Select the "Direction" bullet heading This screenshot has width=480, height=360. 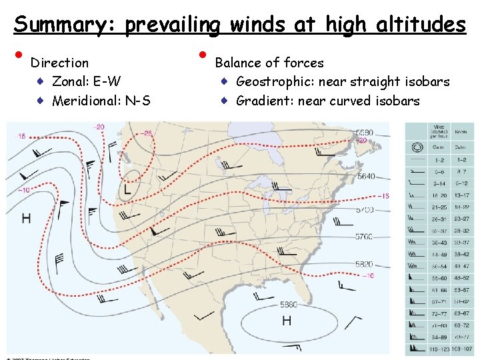[60, 63]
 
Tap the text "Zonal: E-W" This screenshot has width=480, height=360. [87, 82]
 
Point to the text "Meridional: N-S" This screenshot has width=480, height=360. [101, 101]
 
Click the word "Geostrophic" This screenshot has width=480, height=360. [274, 82]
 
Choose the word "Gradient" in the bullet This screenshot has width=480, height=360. [264, 101]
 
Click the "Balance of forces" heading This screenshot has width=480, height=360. [269, 63]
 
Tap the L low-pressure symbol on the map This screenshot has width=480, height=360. [127, 190]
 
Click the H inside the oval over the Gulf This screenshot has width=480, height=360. [286, 321]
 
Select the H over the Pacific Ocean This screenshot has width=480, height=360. [26, 217]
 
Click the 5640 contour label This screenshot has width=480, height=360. [366, 177]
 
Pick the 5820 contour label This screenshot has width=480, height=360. [365, 264]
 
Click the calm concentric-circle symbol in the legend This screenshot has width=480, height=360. [418, 147]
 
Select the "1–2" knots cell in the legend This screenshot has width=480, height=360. [461, 159]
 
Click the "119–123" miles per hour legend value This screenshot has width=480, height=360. [440, 348]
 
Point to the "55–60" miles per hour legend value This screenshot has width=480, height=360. [440, 277]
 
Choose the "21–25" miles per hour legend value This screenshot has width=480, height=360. [440, 207]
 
